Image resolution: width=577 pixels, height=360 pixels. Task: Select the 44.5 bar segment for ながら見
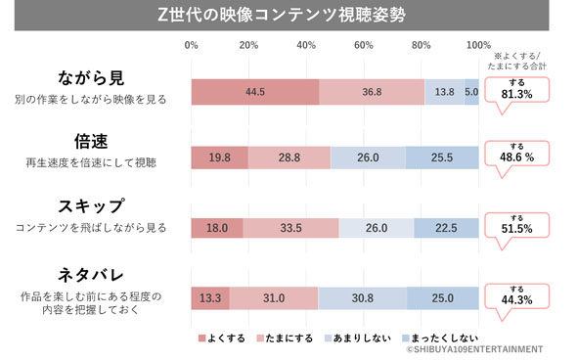click(255, 91)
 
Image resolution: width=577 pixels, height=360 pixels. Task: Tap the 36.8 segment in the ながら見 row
click(372, 91)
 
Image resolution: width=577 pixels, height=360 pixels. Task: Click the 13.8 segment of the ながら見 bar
click(444, 91)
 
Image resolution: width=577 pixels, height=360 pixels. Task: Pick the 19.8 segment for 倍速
click(219, 157)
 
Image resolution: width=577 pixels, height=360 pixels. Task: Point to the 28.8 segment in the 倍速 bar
click(288, 157)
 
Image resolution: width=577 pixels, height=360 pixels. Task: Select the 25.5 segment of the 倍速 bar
click(441, 157)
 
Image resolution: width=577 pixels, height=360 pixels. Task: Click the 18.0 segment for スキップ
click(216, 228)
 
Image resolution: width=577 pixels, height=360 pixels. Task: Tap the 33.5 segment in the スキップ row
click(290, 228)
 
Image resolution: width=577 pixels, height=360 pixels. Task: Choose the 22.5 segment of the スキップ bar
click(445, 228)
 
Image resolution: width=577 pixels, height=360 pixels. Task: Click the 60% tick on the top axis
click(364, 45)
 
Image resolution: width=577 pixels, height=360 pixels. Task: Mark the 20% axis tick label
click(248, 45)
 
